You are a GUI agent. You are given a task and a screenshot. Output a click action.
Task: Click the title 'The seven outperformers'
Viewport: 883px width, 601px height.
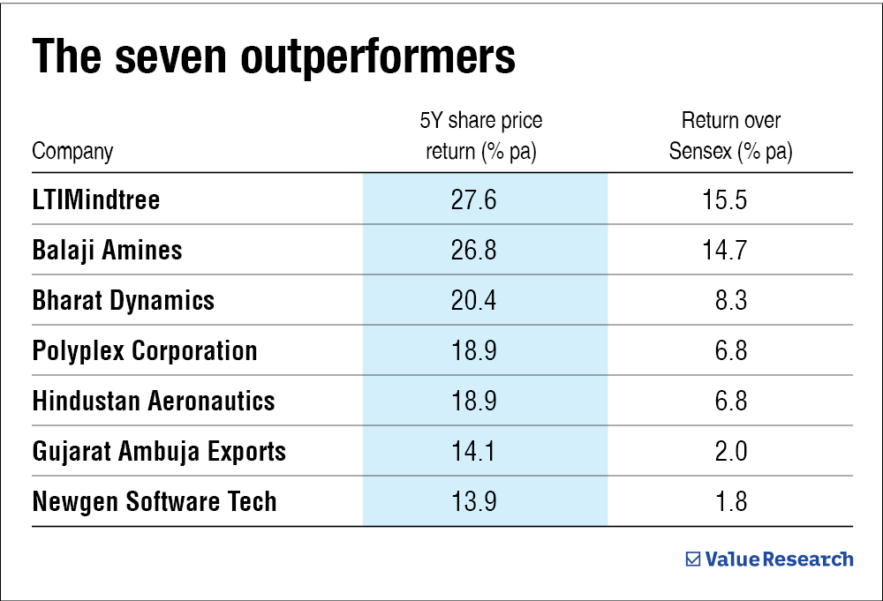click(x=274, y=56)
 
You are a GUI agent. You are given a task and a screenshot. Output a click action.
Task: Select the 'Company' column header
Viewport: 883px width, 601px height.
click(x=72, y=151)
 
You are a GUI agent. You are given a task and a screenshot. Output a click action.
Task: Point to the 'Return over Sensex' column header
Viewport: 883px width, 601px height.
click(x=730, y=136)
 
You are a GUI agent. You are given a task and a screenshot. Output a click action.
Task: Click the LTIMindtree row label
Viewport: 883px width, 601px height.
click(x=96, y=199)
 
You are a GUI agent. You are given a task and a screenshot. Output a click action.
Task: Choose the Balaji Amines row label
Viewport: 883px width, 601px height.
click(x=107, y=250)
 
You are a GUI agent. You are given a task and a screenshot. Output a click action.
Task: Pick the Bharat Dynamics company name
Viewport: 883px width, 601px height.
click(x=123, y=300)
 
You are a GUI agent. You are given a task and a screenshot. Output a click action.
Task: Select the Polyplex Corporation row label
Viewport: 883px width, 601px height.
click(x=145, y=350)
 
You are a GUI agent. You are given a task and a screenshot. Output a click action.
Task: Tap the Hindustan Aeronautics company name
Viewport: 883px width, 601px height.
click(x=154, y=401)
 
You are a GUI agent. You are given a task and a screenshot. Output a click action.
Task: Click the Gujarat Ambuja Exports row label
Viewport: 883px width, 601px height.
click(x=159, y=451)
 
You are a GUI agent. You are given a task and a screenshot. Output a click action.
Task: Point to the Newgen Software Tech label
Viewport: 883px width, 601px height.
click(x=155, y=501)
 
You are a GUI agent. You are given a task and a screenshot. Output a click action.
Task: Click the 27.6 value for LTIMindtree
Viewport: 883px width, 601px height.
click(x=474, y=199)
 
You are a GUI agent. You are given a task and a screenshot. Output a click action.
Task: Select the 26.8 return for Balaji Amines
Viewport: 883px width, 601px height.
click(x=474, y=250)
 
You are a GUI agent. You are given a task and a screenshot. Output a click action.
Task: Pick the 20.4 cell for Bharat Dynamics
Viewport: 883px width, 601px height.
click(x=474, y=300)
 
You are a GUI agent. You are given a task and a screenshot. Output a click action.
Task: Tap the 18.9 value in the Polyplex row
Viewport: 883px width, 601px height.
click(x=474, y=350)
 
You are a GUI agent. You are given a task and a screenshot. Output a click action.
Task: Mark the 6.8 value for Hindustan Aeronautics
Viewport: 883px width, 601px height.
click(x=730, y=401)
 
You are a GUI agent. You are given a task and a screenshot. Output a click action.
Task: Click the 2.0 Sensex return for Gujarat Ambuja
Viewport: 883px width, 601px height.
click(x=730, y=451)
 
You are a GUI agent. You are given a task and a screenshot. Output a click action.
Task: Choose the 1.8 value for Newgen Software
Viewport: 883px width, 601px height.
click(x=730, y=501)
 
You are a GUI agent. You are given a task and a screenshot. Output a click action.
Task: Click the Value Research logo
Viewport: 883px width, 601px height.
click(x=770, y=559)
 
